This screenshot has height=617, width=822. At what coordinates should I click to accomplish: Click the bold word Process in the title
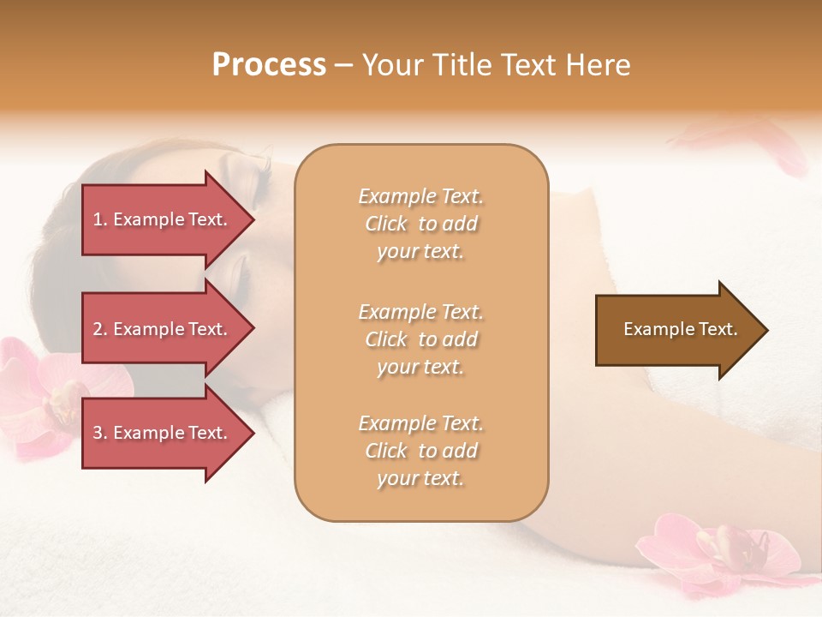coord(269,65)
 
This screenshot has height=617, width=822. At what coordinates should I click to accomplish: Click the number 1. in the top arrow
coord(100,219)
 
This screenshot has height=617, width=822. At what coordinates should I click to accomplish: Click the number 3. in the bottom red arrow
coord(100,433)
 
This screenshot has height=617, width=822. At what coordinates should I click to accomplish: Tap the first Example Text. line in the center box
coord(420,196)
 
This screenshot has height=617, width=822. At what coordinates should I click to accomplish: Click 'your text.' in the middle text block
coord(420,367)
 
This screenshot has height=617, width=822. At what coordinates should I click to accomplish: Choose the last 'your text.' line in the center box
coord(420,478)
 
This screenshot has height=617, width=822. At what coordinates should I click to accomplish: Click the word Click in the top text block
coord(385,224)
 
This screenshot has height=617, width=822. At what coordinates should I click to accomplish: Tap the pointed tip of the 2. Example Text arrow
coord(253,329)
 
